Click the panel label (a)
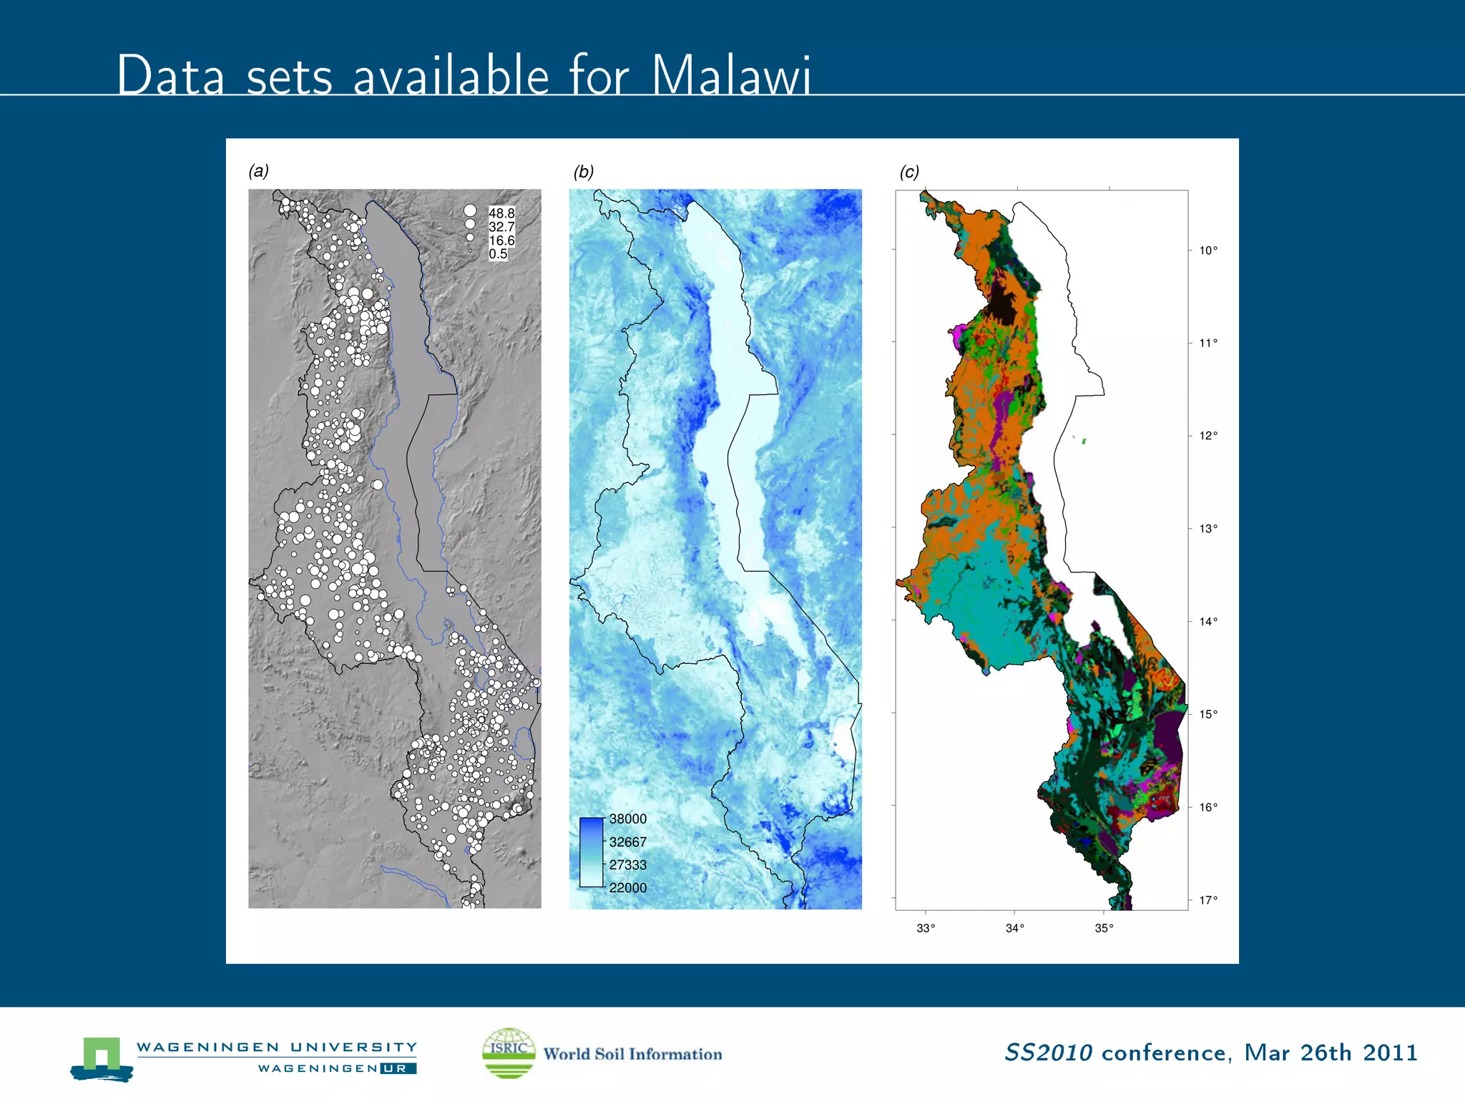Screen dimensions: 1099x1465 pos(258,171)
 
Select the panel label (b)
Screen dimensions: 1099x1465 pos(583,172)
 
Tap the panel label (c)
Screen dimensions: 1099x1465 pos(909,172)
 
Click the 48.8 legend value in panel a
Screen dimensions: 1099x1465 pos(501,213)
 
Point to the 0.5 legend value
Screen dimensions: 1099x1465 pos(498,254)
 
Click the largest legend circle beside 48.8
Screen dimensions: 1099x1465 pos(470,211)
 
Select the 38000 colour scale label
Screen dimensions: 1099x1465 pos(627,819)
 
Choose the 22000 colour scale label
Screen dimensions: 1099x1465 pos(627,888)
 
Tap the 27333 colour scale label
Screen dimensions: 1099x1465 pos(627,865)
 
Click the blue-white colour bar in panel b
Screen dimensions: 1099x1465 pos(592,853)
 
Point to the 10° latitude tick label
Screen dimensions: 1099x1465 pos(1208,250)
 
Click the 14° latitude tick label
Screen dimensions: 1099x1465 pos(1208,622)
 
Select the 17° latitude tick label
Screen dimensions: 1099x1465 pos(1208,900)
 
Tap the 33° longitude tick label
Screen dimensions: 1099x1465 pos(926,929)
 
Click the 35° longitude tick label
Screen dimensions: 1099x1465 pos(1104,929)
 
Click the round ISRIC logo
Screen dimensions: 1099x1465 pos(509,1052)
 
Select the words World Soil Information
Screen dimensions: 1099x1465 pos(632,1054)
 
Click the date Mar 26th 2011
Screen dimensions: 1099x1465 pos(1331,1052)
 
